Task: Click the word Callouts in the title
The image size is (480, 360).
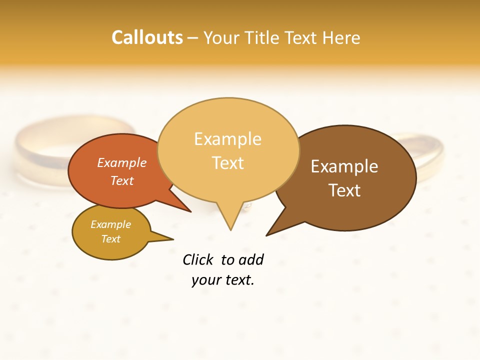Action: [x=147, y=37]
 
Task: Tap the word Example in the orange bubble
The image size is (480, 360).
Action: [x=122, y=162]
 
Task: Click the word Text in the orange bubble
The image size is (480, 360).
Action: [x=122, y=180]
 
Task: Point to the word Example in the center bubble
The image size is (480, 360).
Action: [x=228, y=139]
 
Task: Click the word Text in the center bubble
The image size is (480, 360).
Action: [x=228, y=163]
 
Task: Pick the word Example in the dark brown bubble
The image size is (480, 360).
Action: [x=344, y=166]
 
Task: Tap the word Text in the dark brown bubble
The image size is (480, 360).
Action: [x=344, y=190]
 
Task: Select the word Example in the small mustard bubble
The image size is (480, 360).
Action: [x=111, y=224]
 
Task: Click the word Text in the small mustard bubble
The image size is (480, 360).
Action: [x=111, y=239]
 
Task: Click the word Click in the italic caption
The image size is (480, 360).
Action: [x=198, y=259]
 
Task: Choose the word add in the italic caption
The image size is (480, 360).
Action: [x=250, y=259]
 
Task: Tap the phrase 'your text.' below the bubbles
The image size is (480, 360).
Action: [x=223, y=280]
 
